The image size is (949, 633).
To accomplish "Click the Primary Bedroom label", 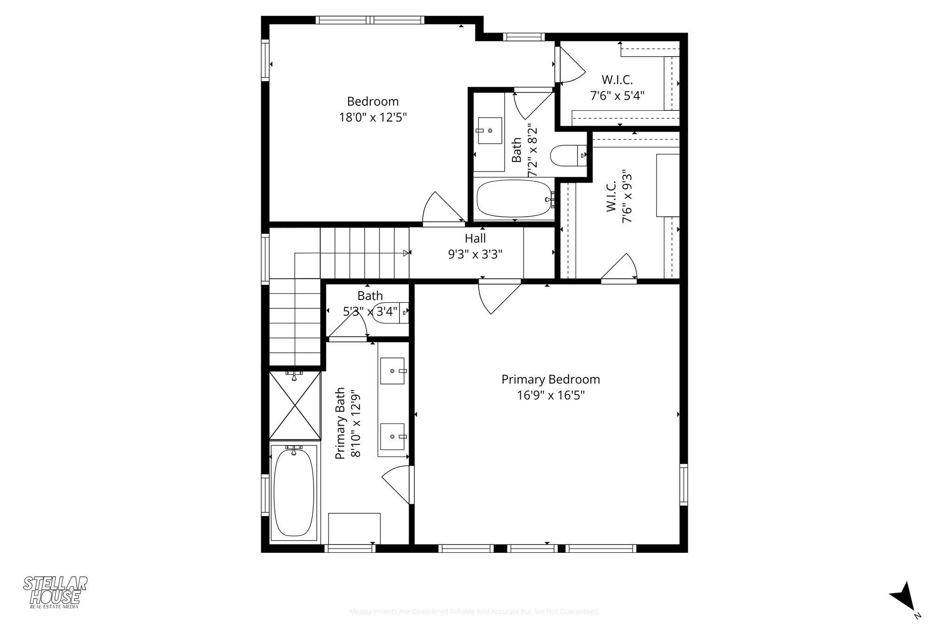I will point(550,379).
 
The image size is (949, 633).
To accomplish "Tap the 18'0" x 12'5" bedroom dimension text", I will point(373,117).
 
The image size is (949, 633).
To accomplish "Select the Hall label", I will point(475,238).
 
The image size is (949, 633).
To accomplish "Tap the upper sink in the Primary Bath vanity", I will point(392,371).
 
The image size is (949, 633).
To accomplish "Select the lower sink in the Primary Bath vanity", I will point(392,437).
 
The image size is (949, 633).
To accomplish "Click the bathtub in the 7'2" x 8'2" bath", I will point(513,198).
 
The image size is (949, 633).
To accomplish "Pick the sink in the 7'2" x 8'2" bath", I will point(489,131).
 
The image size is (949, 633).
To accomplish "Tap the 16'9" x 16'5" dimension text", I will point(551,396).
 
